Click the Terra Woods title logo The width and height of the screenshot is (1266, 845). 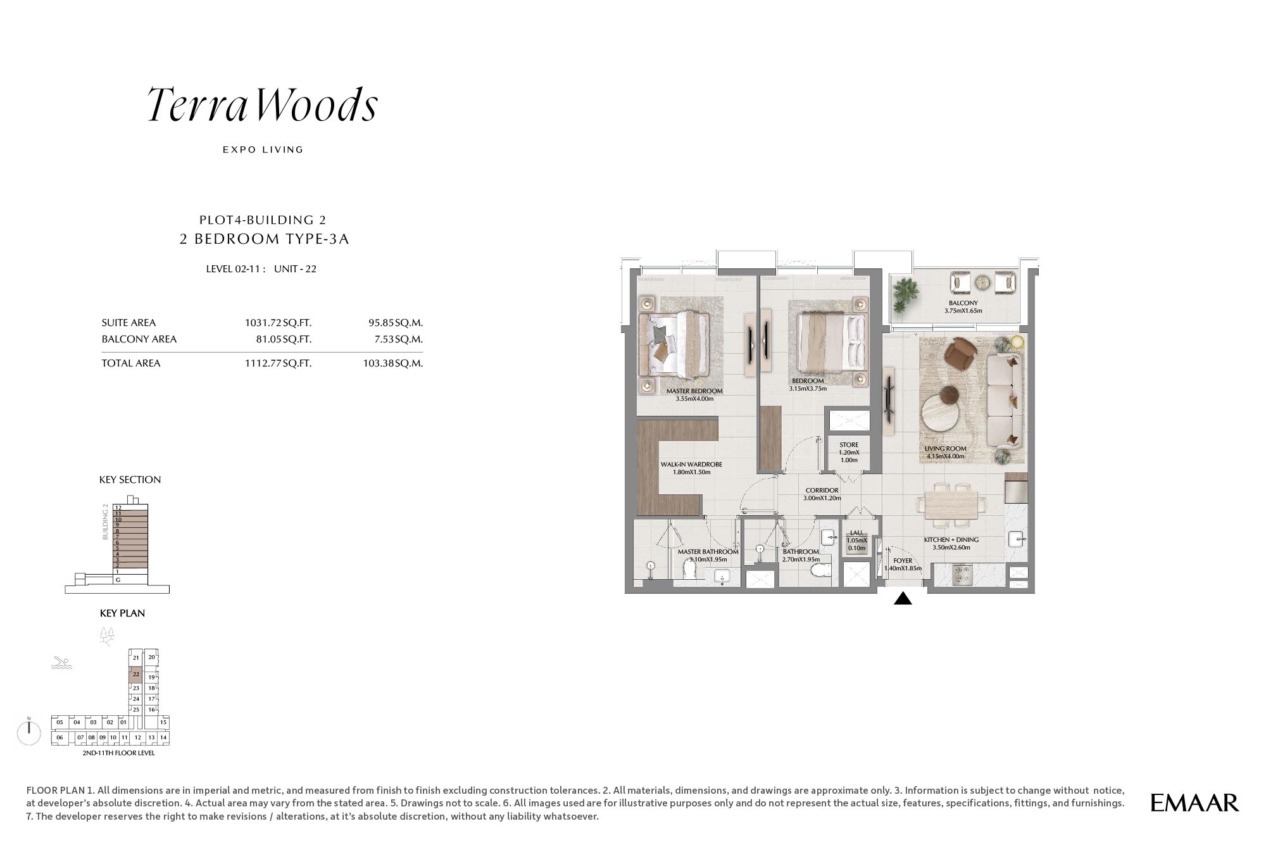(263, 104)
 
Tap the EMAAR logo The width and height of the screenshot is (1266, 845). (1194, 803)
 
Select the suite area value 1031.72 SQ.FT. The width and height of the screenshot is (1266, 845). (278, 323)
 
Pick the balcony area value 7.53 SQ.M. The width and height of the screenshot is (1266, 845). (398, 339)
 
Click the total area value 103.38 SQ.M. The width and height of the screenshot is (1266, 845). (393, 363)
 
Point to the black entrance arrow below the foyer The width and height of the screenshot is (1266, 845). (903, 598)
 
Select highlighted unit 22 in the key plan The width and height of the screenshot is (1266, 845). (135, 674)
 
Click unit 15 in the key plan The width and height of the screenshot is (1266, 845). (163, 722)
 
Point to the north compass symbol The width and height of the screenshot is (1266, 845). (29, 732)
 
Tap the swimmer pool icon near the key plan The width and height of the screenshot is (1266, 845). (61, 663)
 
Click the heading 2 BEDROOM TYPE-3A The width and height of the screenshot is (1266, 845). (265, 239)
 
